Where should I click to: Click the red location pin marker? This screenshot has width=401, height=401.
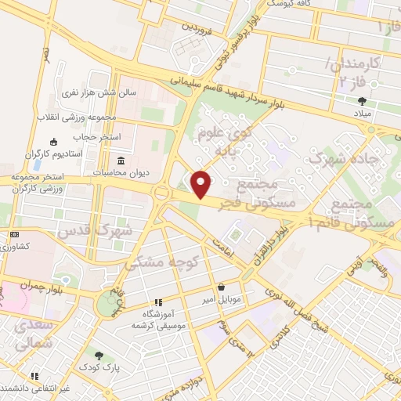(x=201, y=184)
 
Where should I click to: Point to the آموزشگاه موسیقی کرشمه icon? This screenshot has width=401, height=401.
(x=157, y=302)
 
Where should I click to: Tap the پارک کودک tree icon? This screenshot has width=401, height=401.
(x=98, y=356)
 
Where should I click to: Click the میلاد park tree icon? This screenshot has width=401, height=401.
(x=362, y=101)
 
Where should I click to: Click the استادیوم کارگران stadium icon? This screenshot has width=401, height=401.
(x=53, y=142)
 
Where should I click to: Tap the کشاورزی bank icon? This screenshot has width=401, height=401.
(x=15, y=235)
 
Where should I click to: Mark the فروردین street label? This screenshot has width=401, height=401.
(x=200, y=26)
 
